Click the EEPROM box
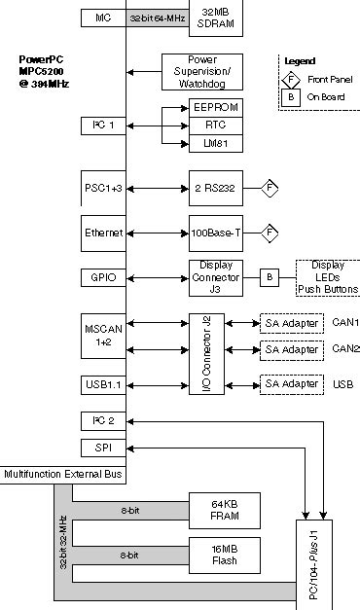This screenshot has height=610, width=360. click(214, 107)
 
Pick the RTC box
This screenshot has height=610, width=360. click(214, 126)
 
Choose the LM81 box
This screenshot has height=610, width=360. click(214, 143)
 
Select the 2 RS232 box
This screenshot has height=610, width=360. click(214, 186)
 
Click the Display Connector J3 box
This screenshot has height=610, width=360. click(214, 277)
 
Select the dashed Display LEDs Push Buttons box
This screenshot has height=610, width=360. click(328, 277)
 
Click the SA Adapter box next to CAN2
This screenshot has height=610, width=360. click(292, 348)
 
